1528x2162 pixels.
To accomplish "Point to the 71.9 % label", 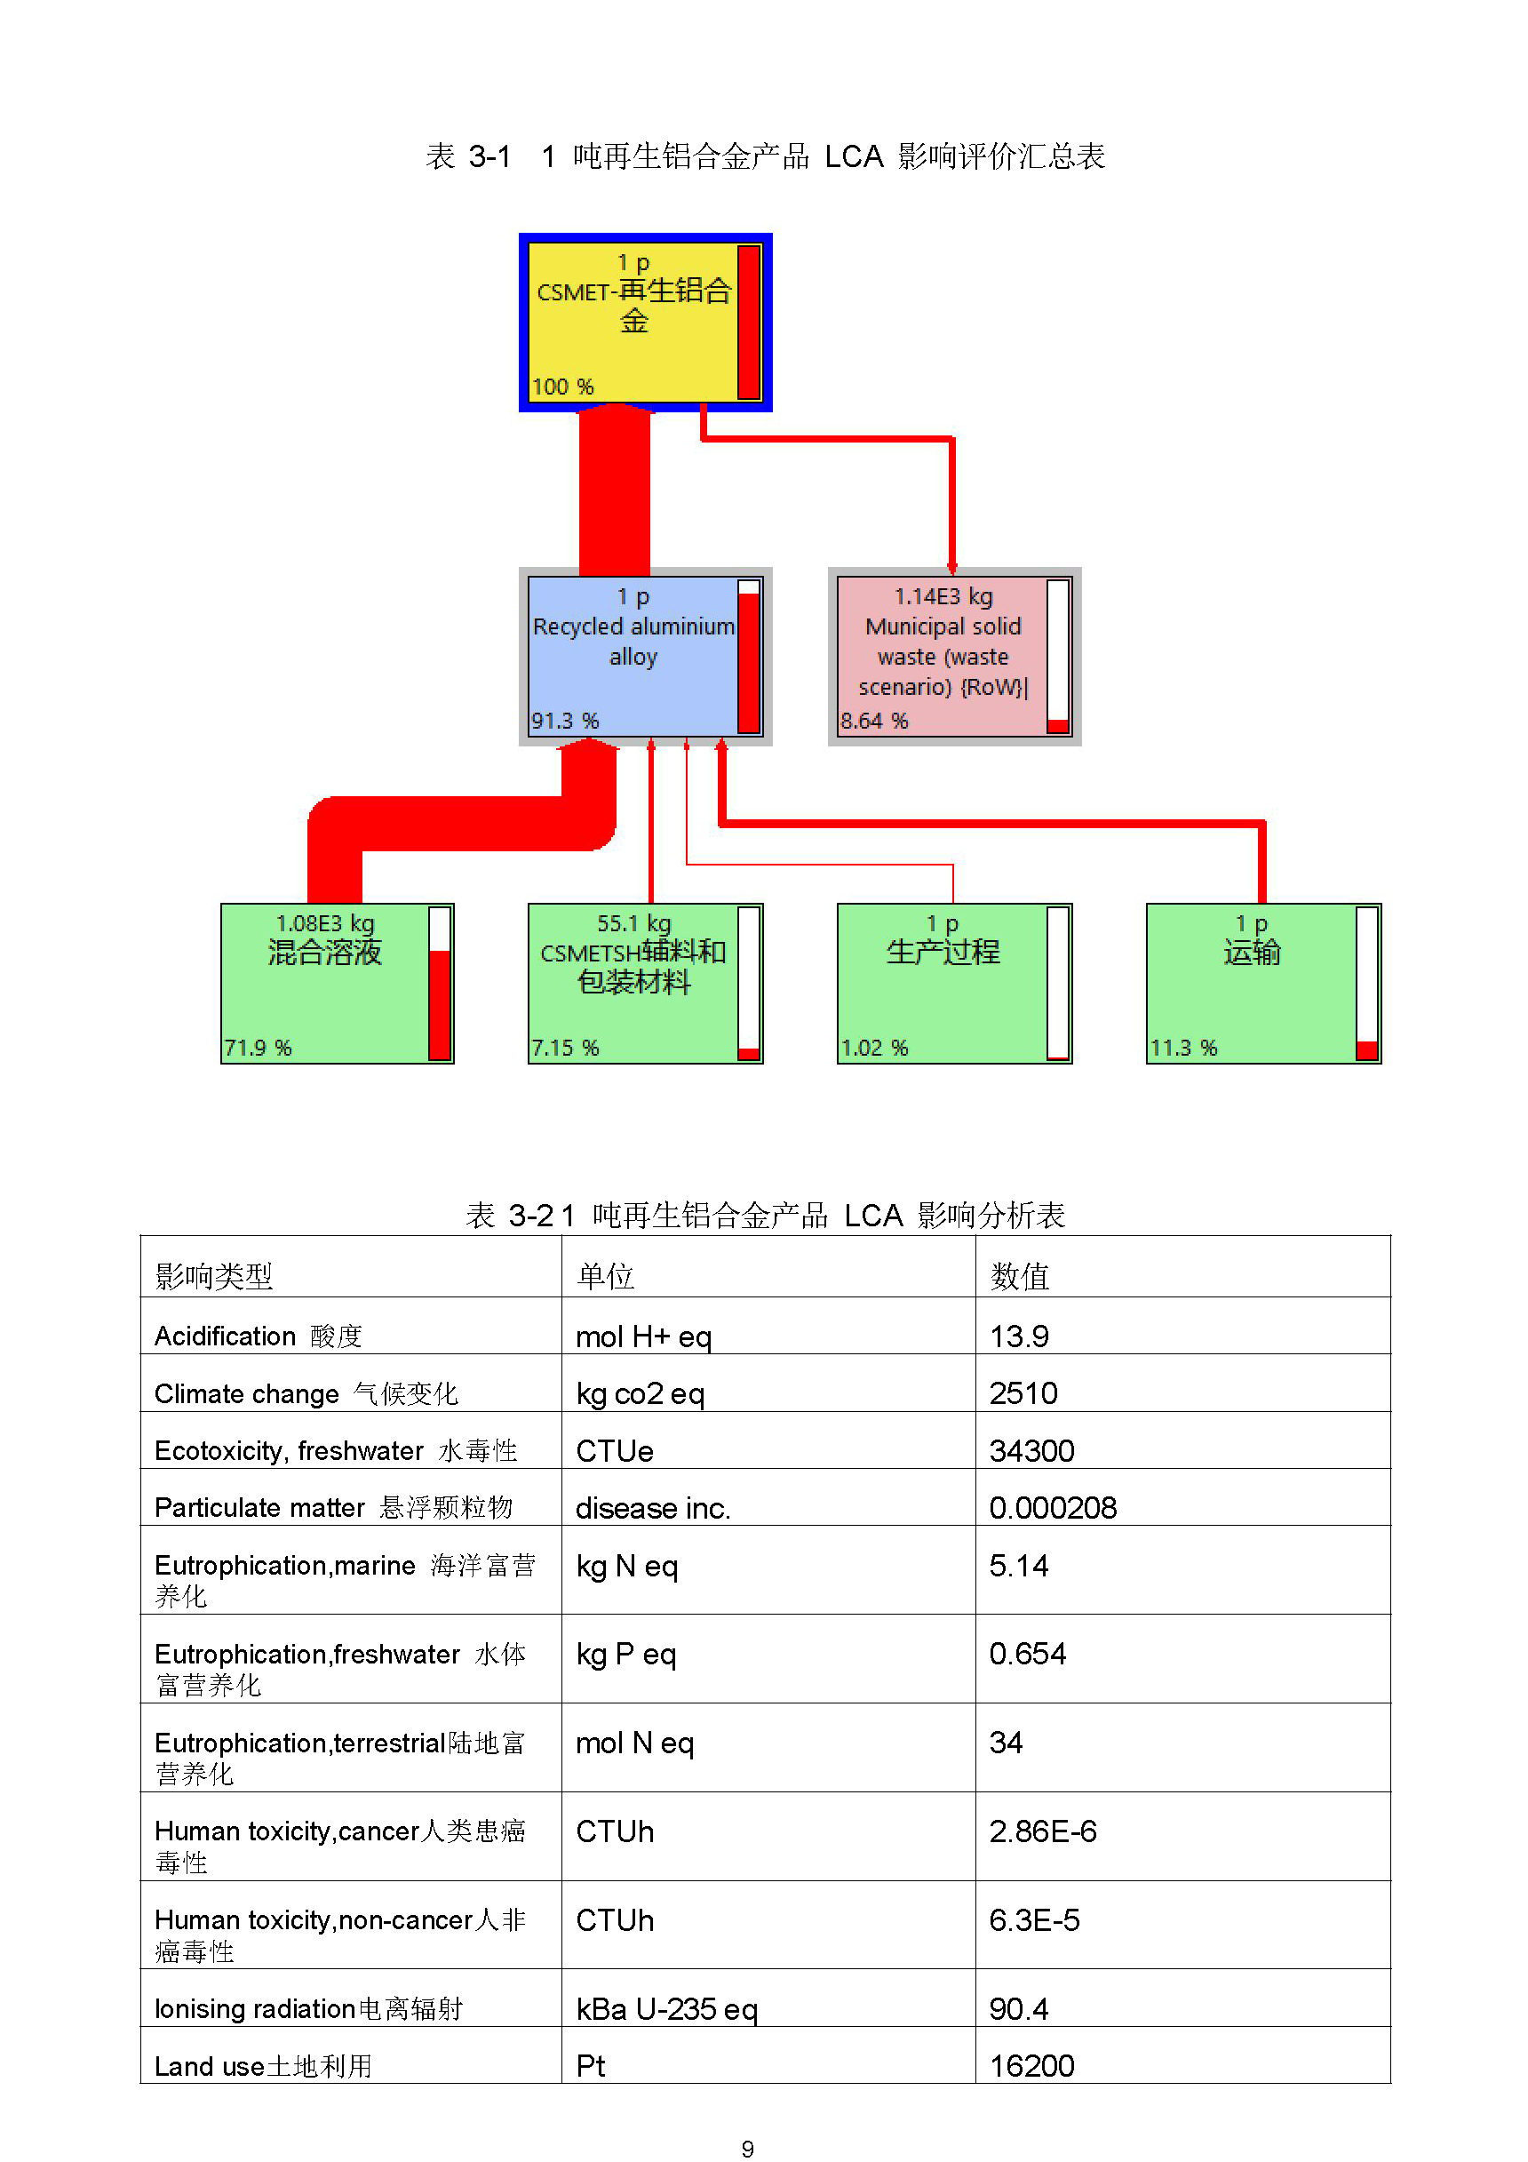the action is pos(258,1048).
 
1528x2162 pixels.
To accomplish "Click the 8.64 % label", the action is pos(875,722).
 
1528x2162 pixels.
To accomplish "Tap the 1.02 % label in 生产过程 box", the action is pos(875,1048).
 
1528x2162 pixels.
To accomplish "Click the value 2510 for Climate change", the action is pos(1023,1393).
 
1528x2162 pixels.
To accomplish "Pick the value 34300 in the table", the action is pos(1032,1451).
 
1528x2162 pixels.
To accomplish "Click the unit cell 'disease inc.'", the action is pos(653,1509).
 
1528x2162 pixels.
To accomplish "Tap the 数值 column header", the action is pos(1020,1277).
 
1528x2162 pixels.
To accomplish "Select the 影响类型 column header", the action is pos(214,1277).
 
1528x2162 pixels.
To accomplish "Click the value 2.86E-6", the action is pos(1043,1831).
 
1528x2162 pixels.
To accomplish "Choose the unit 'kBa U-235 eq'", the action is pos(666,2009).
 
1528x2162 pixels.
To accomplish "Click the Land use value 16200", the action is pos(1032,2066).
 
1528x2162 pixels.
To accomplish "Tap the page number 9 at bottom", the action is pos(747,2149).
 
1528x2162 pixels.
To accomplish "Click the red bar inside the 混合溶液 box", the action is pos(440,1006).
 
